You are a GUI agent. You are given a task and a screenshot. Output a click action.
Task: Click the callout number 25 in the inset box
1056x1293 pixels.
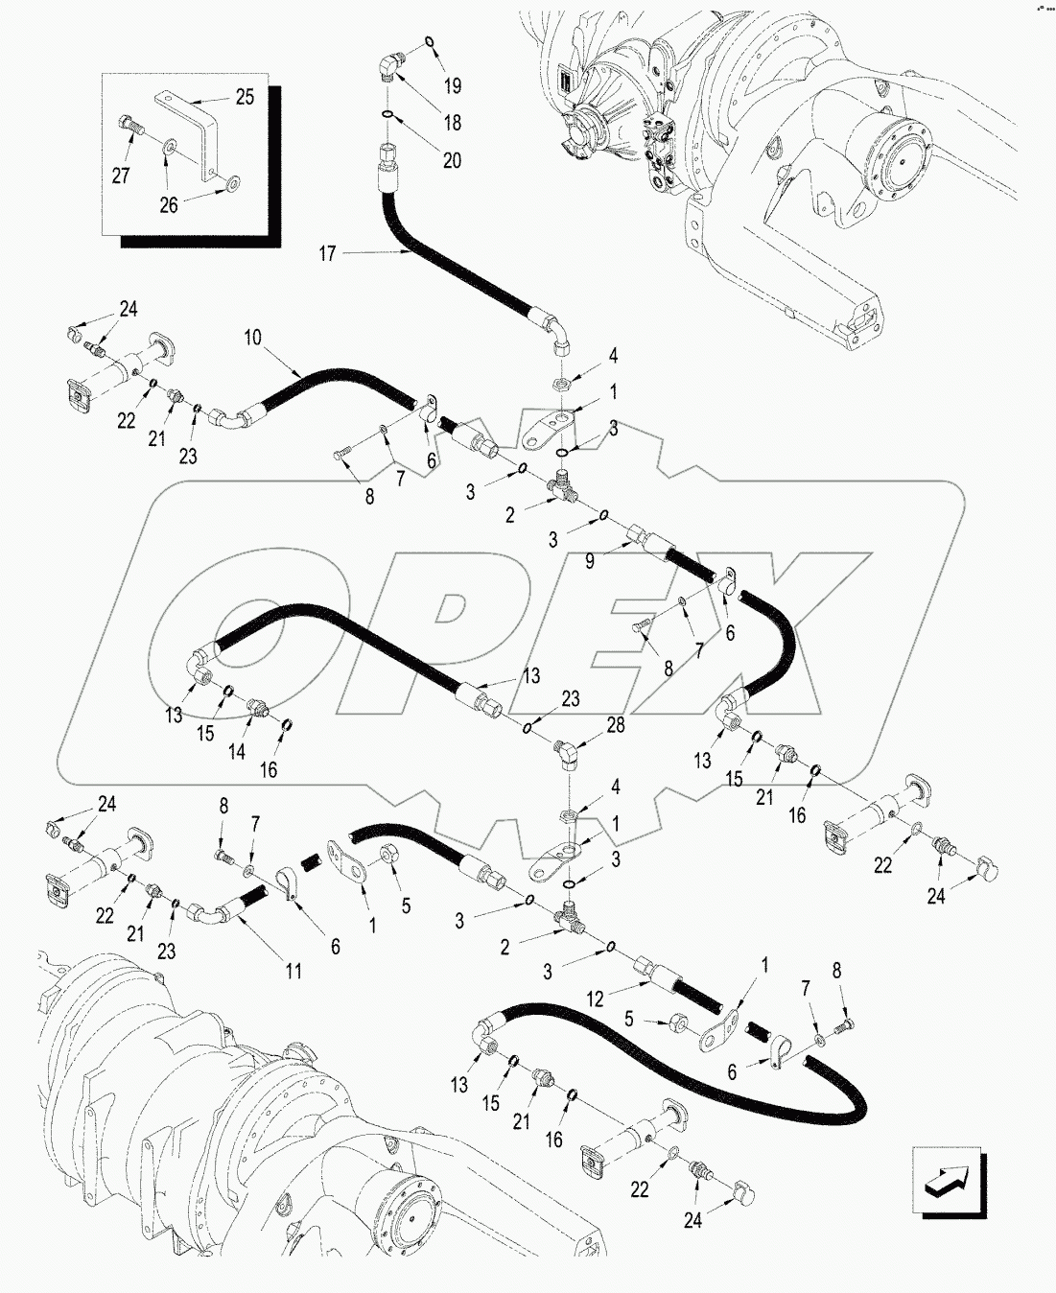(x=245, y=97)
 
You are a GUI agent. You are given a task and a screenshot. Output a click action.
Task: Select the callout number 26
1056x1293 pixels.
(x=169, y=205)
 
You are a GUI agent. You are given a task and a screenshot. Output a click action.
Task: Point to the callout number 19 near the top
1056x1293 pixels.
(x=453, y=85)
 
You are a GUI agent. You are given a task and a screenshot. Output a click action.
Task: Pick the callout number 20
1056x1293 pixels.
(x=452, y=160)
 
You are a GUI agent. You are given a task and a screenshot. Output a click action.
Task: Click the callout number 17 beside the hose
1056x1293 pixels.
(x=328, y=253)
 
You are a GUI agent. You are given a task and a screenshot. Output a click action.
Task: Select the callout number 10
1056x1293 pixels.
(x=252, y=337)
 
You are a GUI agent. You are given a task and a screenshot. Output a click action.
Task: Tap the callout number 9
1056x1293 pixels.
(x=590, y=561)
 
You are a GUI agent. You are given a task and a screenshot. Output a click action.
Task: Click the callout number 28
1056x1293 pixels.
(x=616, y=725)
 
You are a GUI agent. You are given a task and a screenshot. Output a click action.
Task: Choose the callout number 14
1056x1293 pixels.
(x=237, y=752)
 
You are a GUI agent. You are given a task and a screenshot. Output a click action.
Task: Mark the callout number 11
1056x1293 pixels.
(x=293, y=972)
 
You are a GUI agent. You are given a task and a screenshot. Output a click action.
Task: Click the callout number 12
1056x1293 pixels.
(x=596, y=999)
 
